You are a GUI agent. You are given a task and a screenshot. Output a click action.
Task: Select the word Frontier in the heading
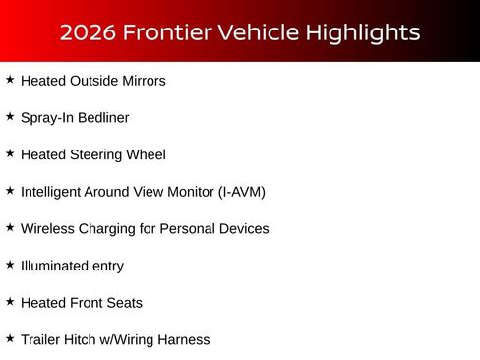tap(161, 32)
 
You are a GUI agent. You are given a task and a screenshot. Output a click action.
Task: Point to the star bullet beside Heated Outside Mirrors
tap(10, 79)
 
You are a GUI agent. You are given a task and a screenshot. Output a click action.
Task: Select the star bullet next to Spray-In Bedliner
tap(10, 116)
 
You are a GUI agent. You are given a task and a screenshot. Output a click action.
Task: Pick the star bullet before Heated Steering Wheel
tap(10, 153)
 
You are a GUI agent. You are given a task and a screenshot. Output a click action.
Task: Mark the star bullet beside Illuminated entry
tap(10, 264)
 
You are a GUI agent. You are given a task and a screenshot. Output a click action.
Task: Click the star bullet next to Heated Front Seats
tap(10, 301)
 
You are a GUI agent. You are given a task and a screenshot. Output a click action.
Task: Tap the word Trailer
tap(41, 340)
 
